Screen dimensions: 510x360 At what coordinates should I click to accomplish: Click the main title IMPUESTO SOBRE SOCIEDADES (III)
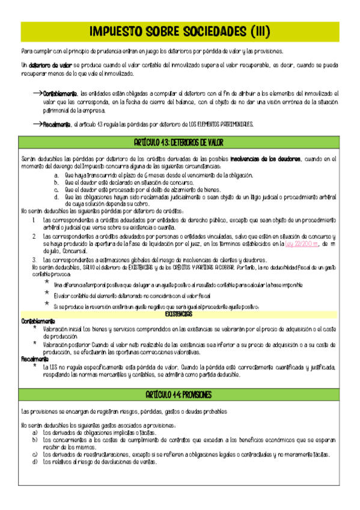pyautogui.click(x=180, y=31)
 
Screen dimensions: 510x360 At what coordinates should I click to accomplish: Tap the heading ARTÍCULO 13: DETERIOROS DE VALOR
pyautogui.click(x=180, y=143)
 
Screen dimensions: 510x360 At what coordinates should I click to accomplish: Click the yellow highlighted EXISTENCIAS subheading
pyautogui.click(x=179, y=314)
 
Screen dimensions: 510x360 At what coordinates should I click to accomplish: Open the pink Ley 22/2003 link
pyautogui.click(x=297, y=244)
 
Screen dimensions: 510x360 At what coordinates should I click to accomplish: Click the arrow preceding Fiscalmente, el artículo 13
pyautogui.click(x=37, y=123)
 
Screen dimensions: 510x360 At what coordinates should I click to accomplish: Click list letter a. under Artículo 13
pyautogui.click(x=56, y=175)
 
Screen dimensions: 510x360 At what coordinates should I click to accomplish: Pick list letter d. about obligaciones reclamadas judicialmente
pyautogui.click(x=56, y=197)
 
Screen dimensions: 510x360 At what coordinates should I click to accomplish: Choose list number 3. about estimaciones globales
pyautogui.click(x=35, y=259)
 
